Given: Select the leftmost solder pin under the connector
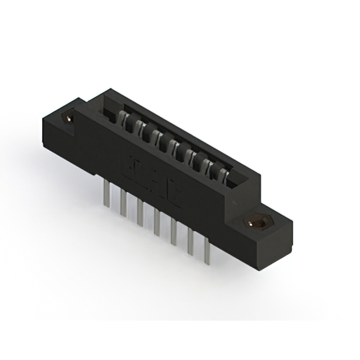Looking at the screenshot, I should coord(106,197).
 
